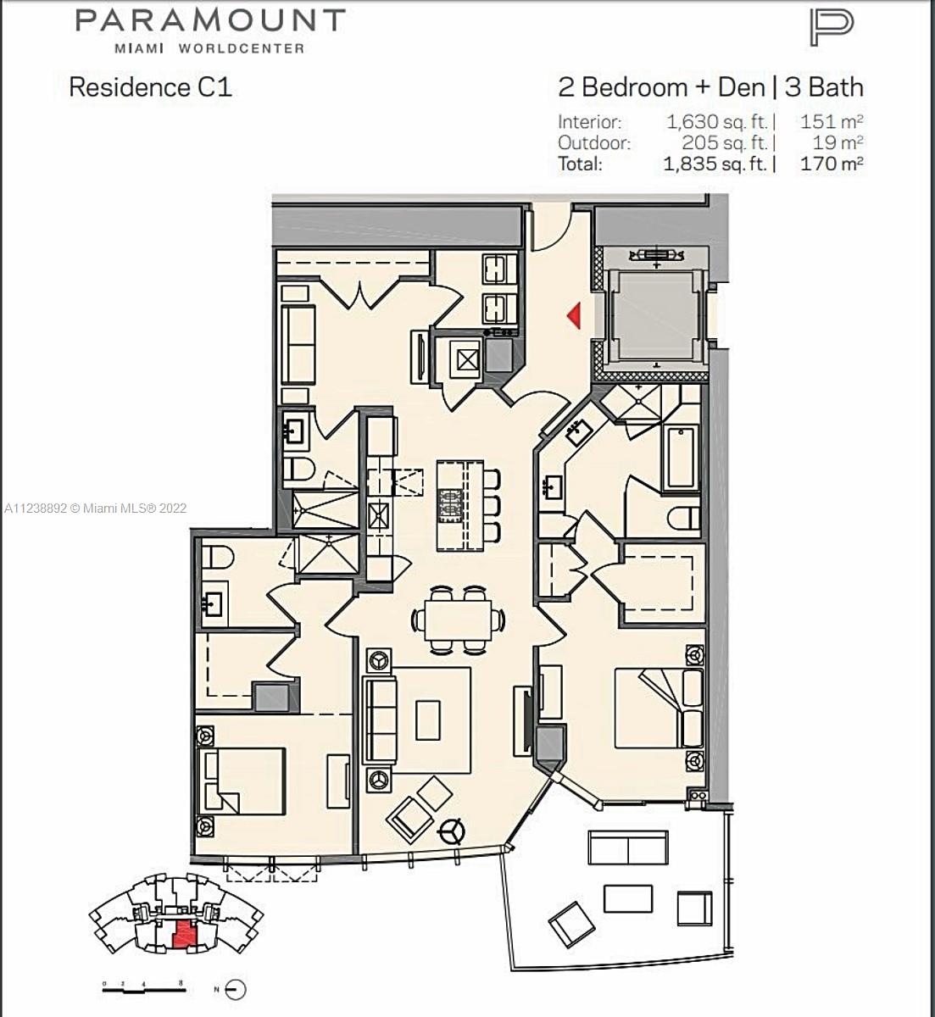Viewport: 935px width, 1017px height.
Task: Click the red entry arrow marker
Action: point(574,315)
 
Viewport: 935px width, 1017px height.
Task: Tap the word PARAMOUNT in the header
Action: point(210,20)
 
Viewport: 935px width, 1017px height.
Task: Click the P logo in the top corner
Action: point(832,28)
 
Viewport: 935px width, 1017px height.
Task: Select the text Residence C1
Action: point(151,87)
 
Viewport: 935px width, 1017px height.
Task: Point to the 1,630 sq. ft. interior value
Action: point(717,122)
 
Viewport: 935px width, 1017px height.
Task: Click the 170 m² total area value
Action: point(832,164)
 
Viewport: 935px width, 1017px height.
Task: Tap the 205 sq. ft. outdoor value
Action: point(725,143)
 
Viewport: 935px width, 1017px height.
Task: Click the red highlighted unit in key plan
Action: point(184,934)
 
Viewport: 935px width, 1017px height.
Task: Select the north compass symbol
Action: point(234,989)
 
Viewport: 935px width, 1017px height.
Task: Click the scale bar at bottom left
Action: point(144,986)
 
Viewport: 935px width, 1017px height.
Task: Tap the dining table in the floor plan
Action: point(458,620)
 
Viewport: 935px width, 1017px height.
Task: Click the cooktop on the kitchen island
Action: point(451,504)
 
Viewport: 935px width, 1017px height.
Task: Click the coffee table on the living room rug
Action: point(428,720)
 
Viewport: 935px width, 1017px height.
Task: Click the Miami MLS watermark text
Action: point(96,508)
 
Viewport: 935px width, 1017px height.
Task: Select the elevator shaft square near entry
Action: point(656,317)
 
